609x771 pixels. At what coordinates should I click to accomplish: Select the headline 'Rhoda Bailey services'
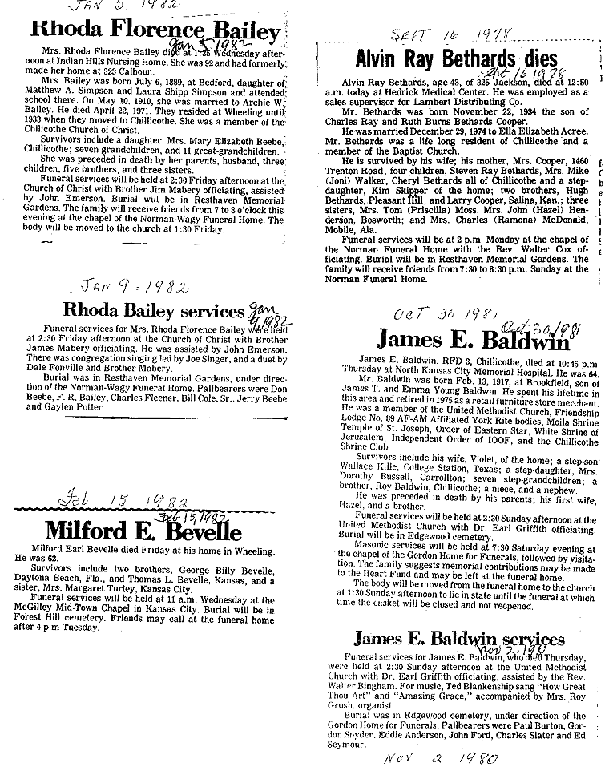[152, 310]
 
